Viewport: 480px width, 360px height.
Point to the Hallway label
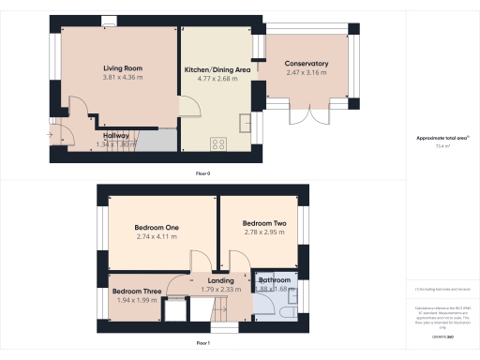pos(116,136)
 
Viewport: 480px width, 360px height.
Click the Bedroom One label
pos(157,228)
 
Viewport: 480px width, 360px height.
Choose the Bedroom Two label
pos(262,222)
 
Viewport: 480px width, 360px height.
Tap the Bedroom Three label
pos(133,291)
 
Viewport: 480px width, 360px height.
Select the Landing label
pos(220,280)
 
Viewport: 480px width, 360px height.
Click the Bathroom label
pos(275,280)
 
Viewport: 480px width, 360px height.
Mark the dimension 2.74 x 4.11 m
pos(157,237)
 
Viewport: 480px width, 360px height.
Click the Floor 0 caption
pos(202,173)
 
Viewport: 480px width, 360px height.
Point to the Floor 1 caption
pos(202,343)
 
